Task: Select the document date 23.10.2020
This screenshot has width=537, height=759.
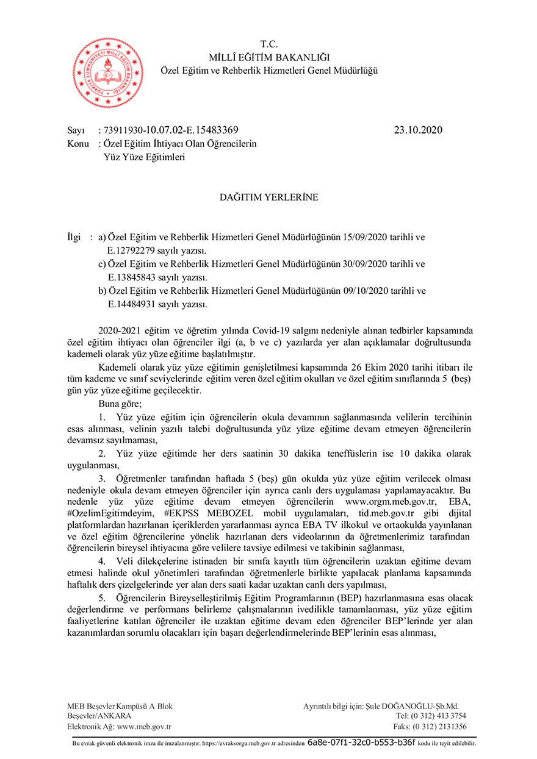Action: click(x=418, y=130)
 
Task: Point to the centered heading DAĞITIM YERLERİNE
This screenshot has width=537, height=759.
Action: click(x=269, y=197)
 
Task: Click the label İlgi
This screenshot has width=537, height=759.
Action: click(x=74, y=237)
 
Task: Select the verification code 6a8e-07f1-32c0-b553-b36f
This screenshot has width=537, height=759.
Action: click(x=361, y=743)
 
